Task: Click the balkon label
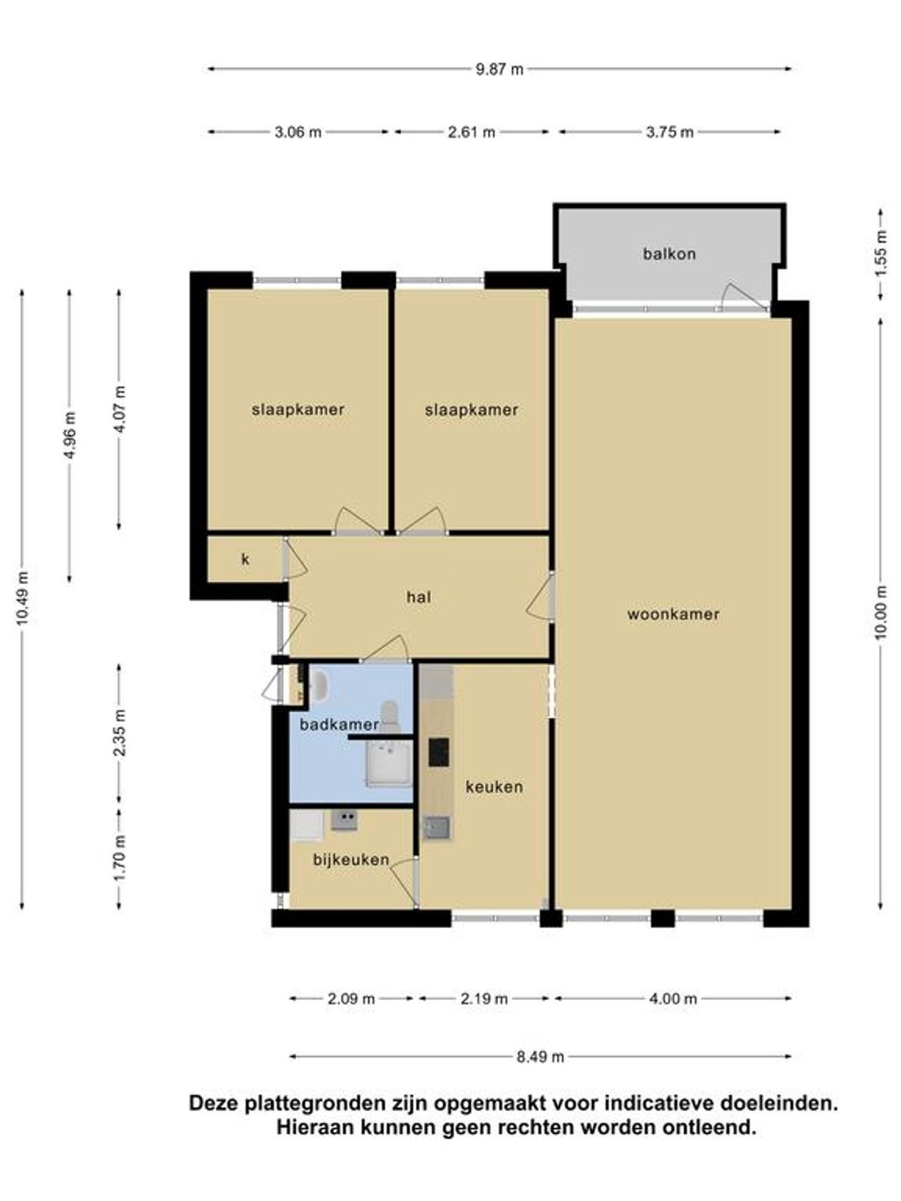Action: (669, 254)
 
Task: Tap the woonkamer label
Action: (673, 614)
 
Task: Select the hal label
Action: (419, 597)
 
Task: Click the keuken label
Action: (494, 787)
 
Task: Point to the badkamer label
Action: (339, 724)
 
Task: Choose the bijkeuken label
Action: (351, 860)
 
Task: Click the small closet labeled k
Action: (245, 559)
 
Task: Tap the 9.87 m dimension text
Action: (499, 69)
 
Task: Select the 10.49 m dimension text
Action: (23, 598)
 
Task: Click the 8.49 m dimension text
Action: (540, 1057)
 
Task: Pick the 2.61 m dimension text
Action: (471, 132)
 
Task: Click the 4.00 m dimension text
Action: (673, 999)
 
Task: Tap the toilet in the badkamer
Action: (390, 717)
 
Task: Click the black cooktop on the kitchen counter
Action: (439, 752)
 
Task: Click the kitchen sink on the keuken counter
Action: (436, 828)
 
